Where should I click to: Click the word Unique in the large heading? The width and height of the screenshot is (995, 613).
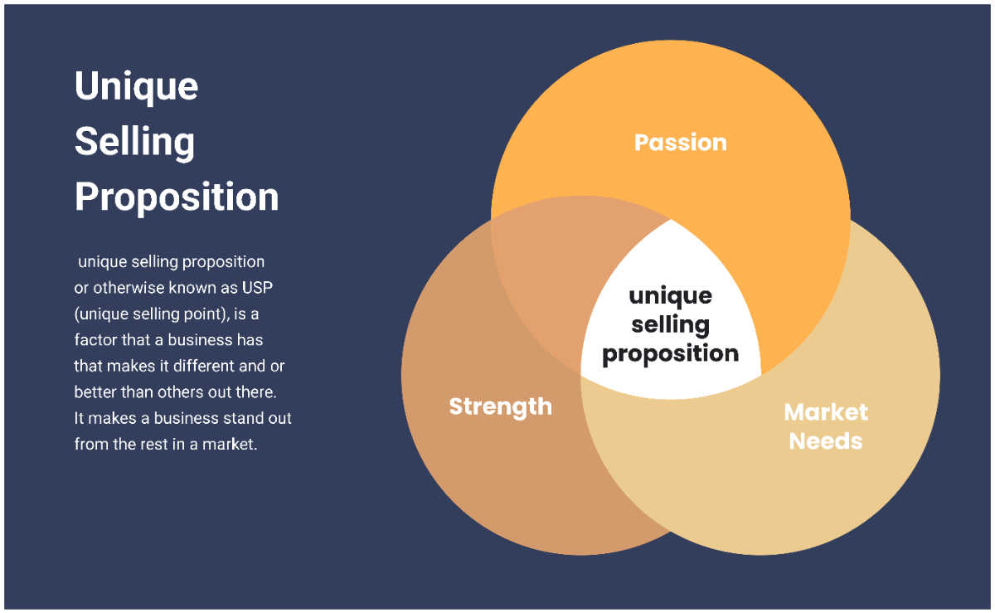point(136,86)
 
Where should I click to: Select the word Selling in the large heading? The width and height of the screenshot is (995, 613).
point(134,142)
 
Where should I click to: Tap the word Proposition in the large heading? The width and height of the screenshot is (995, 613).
point(177,197)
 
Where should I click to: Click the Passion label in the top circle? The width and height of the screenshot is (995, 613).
point(680,143)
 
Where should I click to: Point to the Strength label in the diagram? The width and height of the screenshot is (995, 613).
point(500,406)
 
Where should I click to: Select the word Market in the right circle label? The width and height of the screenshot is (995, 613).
point(826,412)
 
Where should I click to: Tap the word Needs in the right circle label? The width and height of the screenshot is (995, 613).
point(826,440)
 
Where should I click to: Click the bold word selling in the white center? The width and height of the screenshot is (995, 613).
point(670,324)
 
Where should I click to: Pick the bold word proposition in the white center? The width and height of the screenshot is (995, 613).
point(670,353)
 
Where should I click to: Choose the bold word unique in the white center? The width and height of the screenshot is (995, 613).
point(670,296)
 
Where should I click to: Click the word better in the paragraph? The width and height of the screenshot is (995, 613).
point(94,392)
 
